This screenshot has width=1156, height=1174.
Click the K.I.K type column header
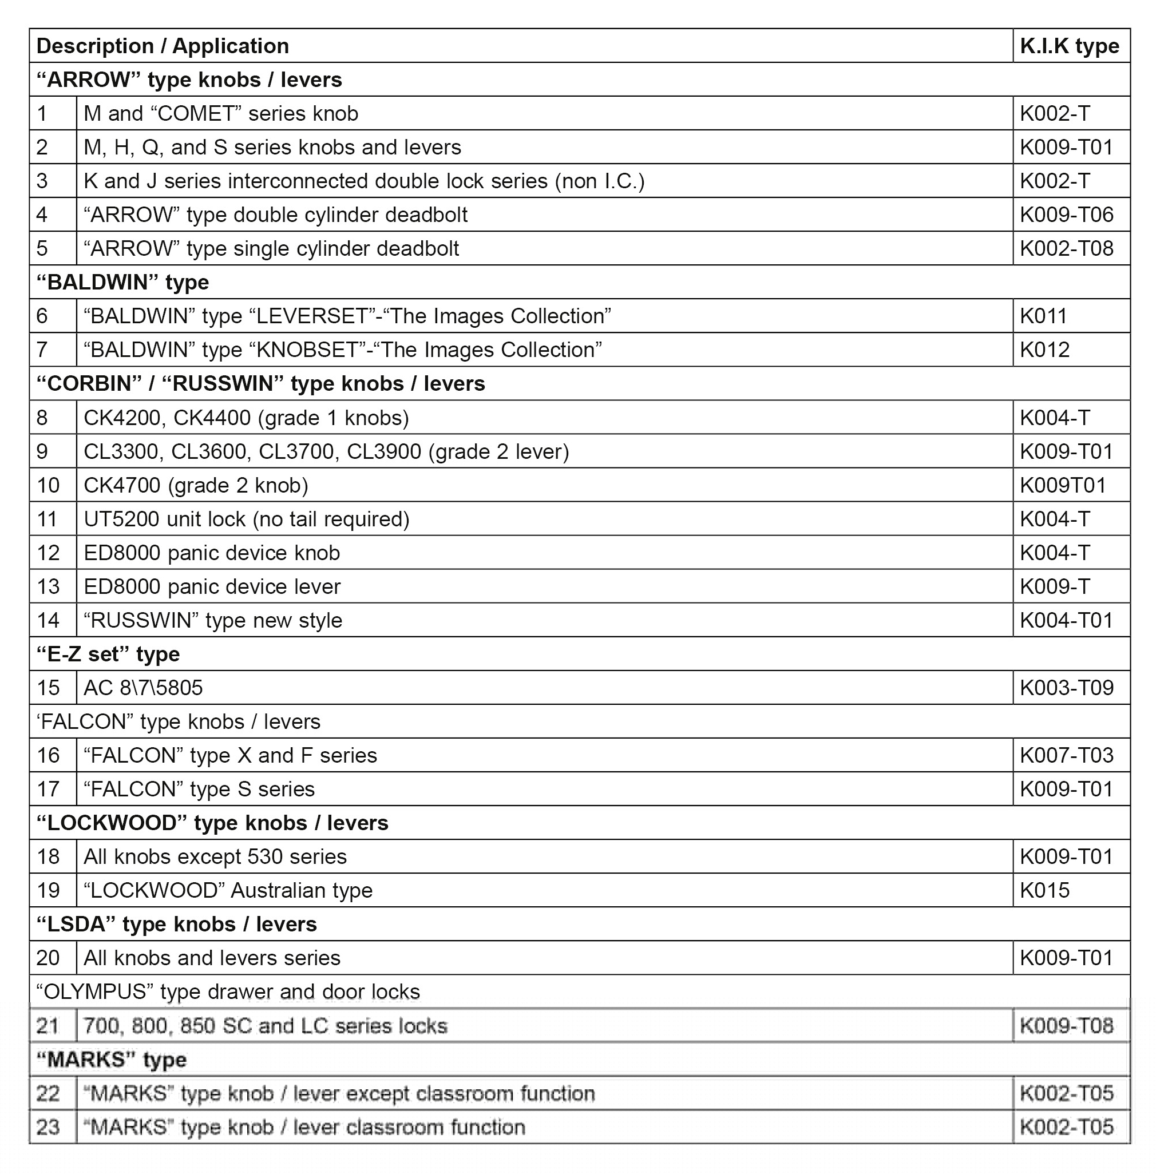[x=1069, y=46]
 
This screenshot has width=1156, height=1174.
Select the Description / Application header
[x=163, y=46]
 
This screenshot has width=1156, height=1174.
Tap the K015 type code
[x=1044, y=891]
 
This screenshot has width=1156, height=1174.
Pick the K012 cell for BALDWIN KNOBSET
[x=1044, y=350]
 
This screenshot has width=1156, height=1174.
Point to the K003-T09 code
[x=1066, y=688]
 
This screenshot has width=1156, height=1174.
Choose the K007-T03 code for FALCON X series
[x=1066, y=755]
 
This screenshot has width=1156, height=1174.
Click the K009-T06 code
[x=1066, y=215]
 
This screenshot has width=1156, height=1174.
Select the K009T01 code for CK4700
[x=1063, y=486]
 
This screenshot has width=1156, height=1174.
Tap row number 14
[x=48, y=620]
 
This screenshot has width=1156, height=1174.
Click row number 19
[x=48, y=891]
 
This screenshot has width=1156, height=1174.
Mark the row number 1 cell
[x=42, y=113]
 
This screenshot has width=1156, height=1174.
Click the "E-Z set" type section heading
[x=108, y=655]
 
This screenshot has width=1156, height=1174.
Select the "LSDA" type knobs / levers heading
[x=176, y=925]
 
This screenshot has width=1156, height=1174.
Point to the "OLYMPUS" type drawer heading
[x=228, y=992]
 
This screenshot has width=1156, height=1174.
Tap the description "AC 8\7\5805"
[x=143, y=688]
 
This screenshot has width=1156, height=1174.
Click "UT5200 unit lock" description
[x=247, y=519]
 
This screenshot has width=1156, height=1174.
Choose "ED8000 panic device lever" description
[x=212, y=587]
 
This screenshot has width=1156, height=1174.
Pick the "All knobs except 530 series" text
[x=215, y=856]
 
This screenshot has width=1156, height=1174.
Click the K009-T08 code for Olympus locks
[x=1066, y=1026]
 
